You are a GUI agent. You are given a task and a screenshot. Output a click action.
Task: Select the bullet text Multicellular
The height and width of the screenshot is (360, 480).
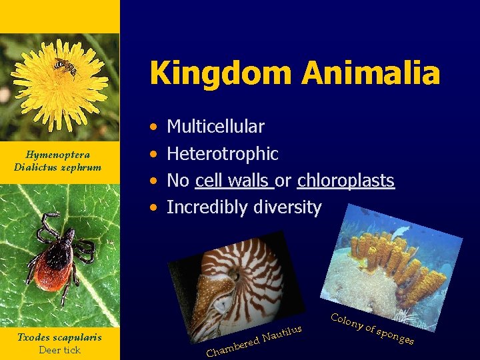point(215,126)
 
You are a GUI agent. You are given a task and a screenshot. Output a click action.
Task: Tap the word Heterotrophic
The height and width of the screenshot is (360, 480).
point(222,154)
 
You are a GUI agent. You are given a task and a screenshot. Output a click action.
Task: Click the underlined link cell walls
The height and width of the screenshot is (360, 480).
point(235,181)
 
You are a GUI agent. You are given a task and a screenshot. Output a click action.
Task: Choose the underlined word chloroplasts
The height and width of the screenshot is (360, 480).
point(345,181)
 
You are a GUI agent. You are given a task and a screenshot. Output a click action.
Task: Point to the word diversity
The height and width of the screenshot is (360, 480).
point(287,207)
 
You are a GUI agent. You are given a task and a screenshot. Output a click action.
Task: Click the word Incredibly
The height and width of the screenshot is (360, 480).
point(207,207)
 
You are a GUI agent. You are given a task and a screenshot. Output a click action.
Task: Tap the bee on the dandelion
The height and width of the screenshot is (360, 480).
point(65,66)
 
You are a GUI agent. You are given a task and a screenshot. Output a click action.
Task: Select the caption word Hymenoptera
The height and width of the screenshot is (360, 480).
point(57,155)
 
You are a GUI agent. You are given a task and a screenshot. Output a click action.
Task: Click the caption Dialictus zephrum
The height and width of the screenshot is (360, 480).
point(57,167)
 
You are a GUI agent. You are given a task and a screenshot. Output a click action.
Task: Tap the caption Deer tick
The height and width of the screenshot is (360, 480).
point(59,349)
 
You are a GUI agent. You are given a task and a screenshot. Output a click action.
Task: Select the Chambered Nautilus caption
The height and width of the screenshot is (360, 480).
point(254,340)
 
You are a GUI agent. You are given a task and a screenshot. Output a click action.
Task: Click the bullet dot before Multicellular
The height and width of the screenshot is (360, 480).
point(154,126)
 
